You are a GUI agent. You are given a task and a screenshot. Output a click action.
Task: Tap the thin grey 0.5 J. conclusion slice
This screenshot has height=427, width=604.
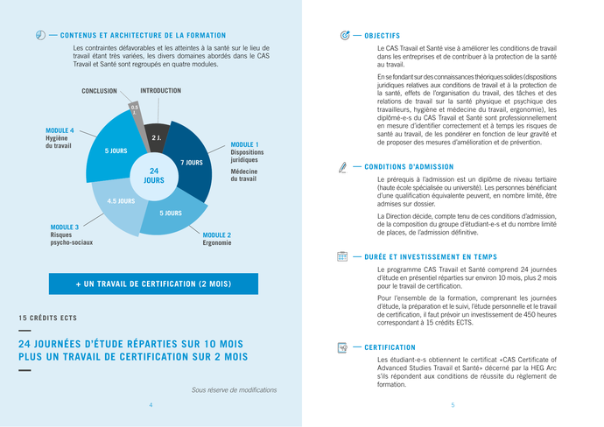(x=135, y=114)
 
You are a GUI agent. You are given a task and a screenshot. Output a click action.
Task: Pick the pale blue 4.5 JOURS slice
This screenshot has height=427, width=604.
(x=120, y=203)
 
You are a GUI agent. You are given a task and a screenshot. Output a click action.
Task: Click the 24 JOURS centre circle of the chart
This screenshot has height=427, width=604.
(x=153, y=175)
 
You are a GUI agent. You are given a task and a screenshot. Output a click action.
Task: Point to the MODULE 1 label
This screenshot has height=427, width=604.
(x=244, y=144)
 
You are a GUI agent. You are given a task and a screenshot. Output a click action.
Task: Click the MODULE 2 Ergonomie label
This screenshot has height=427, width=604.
(x=217, y=238)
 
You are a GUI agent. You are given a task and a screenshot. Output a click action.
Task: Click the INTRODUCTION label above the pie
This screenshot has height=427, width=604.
(x=161, y=91)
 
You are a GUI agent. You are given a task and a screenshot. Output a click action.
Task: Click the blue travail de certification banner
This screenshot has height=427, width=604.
(x=153, y=284)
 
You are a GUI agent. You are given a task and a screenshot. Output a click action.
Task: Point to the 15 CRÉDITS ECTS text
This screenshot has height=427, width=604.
(x=47, y=317)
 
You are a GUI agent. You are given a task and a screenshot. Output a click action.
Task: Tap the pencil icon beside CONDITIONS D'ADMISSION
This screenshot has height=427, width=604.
(x=342, y=166)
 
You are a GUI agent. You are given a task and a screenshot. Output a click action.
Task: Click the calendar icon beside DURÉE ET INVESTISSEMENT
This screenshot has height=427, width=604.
(x=342, y=256)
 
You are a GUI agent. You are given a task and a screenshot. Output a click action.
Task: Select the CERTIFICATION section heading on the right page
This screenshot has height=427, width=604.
(x=390, y=347)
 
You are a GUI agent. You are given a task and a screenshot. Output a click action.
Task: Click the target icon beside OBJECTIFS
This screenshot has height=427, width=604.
(x=343, y=35)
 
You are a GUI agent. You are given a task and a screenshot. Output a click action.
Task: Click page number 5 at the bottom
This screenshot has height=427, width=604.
(x=453, y=405)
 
